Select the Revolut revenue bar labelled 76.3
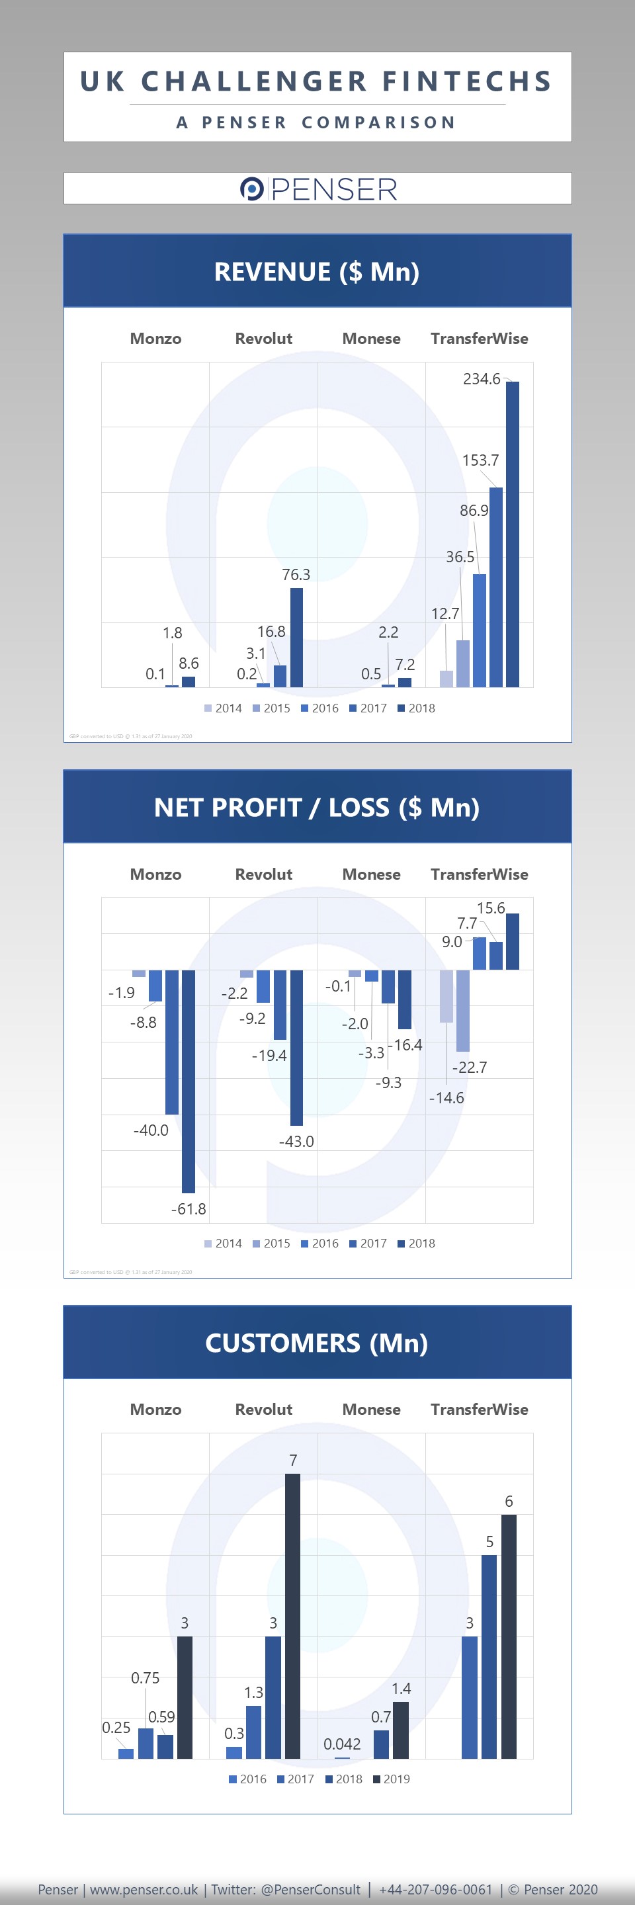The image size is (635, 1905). tap(296, 638)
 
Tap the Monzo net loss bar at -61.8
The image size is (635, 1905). tap(189, 1080)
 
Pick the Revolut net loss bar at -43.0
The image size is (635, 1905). tap(296, 1047)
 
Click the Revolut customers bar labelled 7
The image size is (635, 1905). tap(293, 1616)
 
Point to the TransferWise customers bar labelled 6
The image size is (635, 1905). tap(509, 1636)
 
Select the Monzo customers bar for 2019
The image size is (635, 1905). tap(185, 1697)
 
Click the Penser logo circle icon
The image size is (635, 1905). tap(251, 189)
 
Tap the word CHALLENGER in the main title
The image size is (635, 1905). tap(253, 81)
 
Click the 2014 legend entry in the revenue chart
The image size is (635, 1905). tap(224, 708)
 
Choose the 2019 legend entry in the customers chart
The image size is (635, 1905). tap(391, 1779)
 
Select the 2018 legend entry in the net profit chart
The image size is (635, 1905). tap(416, 1243)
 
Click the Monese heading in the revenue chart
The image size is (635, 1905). tap(371, 339)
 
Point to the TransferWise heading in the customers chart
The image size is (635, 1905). tap(479, 1409)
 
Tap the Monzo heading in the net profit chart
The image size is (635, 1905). tap(155, 874)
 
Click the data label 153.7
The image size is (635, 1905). tap(480, 460)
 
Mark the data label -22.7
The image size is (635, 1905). tap(470, 1067)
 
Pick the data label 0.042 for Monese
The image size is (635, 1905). tap(342, 1744)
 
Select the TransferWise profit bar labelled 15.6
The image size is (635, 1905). tap(512, 941)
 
